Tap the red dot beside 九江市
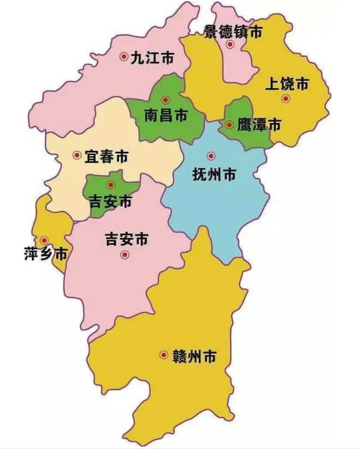click(124, 56)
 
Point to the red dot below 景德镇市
click(231, 45)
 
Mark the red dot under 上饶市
click(285, 98)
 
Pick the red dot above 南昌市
click(166, 100)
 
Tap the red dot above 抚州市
click(211, 156)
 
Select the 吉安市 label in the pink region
click(126, 239)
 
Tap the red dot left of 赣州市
click(163, 355)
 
